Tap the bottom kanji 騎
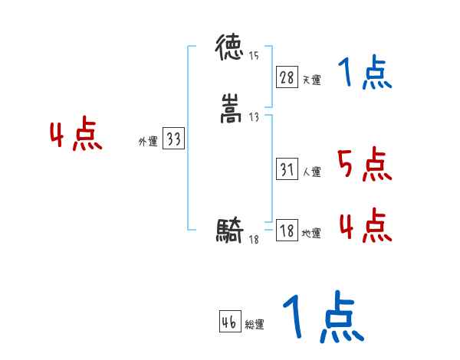coord(230,230)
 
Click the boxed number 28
coord(287,77)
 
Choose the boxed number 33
coord(174,139)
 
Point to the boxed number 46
coord(229,322)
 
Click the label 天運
coord(311,79)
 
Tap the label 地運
coord(311,233)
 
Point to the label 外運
coord(148,141)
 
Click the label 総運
coord(254,325)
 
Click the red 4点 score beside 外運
coord(76,136)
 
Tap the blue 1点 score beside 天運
coord(364,74)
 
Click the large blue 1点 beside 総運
coord(322,317)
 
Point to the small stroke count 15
coord(254,55)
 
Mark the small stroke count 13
coord(254,117)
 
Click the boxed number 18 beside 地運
coord(287,231)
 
